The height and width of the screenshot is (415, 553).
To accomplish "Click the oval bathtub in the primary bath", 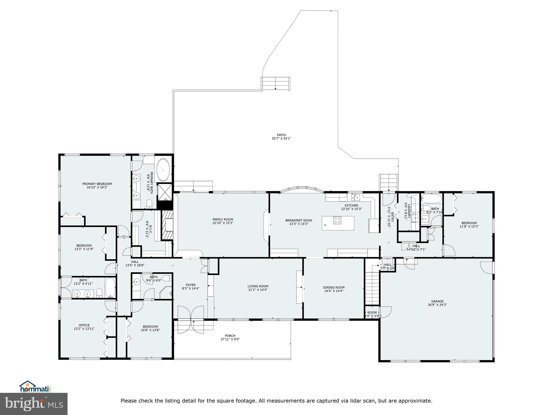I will pyautogui.click(x=163, y=170).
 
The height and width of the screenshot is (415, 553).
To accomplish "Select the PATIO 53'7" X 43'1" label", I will pyautogui.click(x=281, y=137).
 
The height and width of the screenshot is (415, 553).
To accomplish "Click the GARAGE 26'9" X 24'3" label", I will pyautogui.click(x=437, y=303).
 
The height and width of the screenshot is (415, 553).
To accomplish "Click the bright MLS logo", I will pyautogui.click(x=34, y=404).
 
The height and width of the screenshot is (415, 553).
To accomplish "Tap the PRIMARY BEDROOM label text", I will pyautogui.click(x=97, y=185).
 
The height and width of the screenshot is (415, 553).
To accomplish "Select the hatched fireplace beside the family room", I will pyautogui.click(x=167, y=225).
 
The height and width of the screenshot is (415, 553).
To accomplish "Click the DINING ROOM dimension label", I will pyautogui.click(x=333, y=289).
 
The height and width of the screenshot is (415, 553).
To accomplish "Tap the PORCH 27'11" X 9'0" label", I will pyautogui.click(x=230, y=337).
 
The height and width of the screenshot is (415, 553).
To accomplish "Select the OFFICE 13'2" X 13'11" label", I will pyautogui.click(x=84, y=327).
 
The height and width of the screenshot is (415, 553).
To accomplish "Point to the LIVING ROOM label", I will pyautogui.click(x=258, y=288).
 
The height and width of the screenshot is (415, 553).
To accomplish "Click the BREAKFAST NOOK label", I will pyautogui.click(x=299, y=222).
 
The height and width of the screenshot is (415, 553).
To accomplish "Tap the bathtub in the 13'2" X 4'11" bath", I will pyautogui.click(x=110, y=288).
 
